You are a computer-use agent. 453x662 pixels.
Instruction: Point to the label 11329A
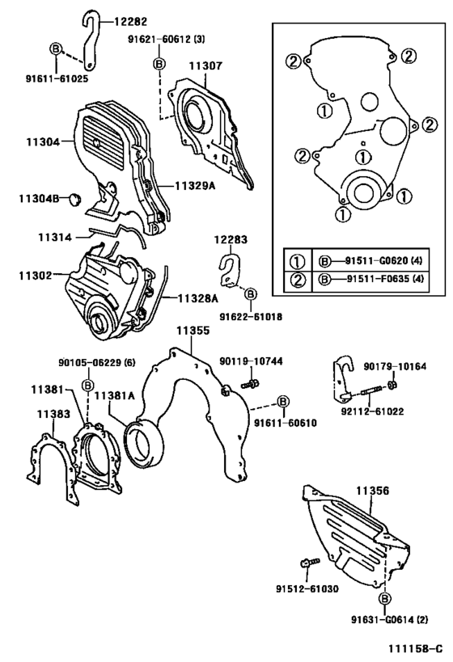point(193,185)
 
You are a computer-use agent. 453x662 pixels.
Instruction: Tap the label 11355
point(194,331)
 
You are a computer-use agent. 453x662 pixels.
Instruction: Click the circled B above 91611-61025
point(56,49)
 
